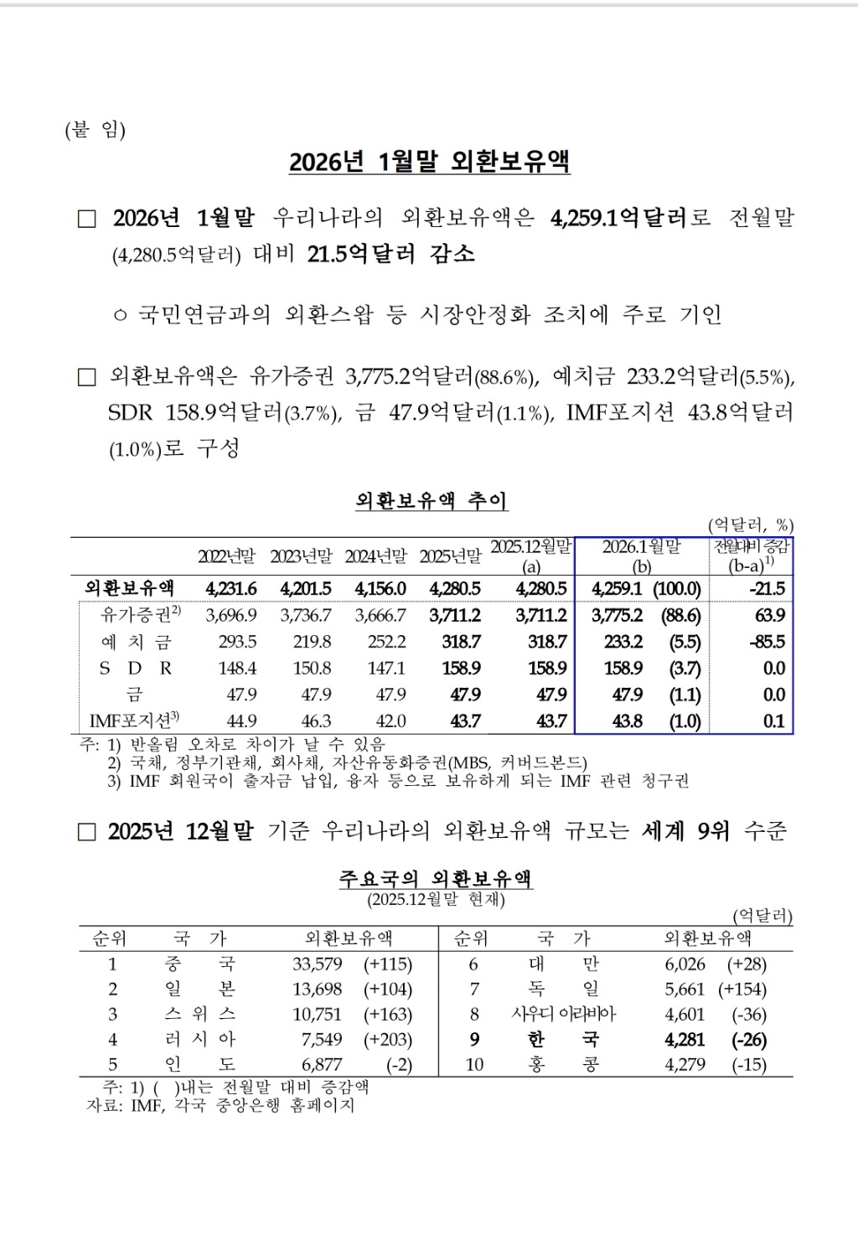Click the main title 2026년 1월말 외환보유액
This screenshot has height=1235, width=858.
pyautogui.click(x=429, y=161)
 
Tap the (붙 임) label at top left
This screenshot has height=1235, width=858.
pyautogui.click(x=95, y=131)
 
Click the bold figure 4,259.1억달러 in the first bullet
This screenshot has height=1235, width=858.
pyautogui.click(x=618, y=218)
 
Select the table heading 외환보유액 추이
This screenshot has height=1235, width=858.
pyautogui.click(x=431, y=501)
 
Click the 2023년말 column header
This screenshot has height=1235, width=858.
pyautogui.click(x=301, y=556)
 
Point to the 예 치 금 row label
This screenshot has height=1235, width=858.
pyautogui.click(x=136, y=642)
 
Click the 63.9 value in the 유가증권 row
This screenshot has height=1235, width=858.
pyautogui.click(x=770, y=615)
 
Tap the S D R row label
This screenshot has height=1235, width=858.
pyautogui.click(x=136, y=669)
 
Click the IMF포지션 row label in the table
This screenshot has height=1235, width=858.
pyautogui.click(x=134, y=721)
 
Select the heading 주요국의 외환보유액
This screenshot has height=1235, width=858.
pyautogui.click(x=436, y=879)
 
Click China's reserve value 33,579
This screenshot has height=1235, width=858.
pyautogui.click(x=318, y=964)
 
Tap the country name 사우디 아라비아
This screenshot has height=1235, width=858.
pyautogui.click(x=563, y=1015)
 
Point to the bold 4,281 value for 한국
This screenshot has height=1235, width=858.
pyautogui.click(x=685, y=1040)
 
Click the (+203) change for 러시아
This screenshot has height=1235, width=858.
pyautogui.click(x=388, y=1040)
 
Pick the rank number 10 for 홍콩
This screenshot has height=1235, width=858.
pyautogui.click(x=474, y=1065)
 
